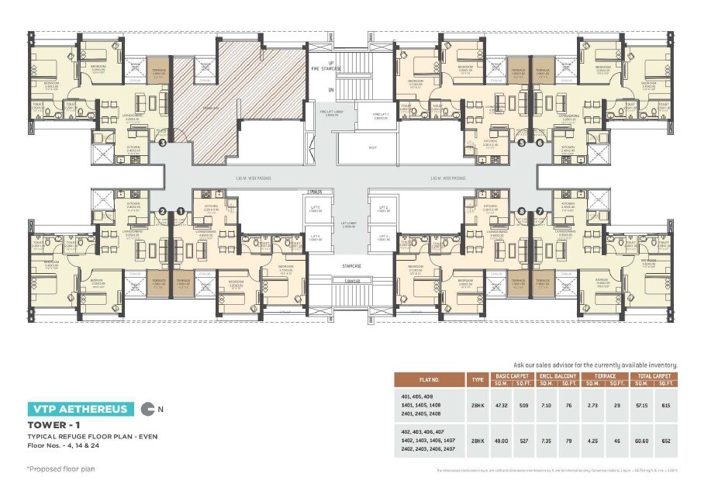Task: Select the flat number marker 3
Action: [162, 143]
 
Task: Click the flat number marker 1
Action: [181, 210]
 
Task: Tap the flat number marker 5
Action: [521, 143]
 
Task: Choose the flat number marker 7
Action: [540, 210]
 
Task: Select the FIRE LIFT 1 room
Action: [381, 116]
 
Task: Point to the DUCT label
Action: [372, 147]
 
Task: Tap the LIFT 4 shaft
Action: [315, 238]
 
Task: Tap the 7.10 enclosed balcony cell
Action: [545, 405]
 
